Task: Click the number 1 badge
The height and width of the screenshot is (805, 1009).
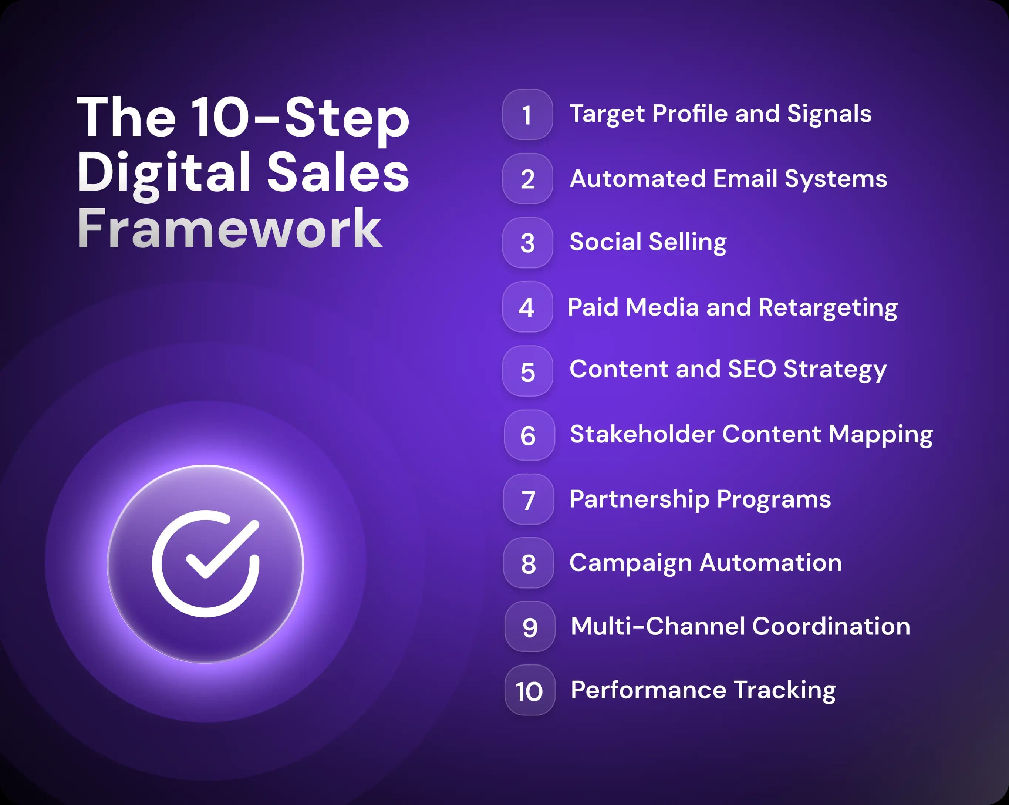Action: [x=527, y=115]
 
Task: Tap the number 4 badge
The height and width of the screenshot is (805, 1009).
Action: [x=527, y=307]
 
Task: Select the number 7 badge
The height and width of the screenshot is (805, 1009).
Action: [x=529, y=499]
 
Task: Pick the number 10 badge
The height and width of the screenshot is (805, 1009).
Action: [x=530, y=690]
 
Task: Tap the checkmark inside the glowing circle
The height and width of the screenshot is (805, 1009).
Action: [x=220, y=552]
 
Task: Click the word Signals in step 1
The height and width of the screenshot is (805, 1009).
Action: [x=829, y=114]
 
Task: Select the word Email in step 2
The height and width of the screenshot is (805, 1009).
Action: [x=745, y=179]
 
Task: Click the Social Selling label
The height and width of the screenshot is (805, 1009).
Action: [x=648, y=242]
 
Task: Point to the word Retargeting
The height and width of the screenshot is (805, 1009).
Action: [x=827, y=308]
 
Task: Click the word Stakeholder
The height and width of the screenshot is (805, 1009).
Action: [x=642, y=434]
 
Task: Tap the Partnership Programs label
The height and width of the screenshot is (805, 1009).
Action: [x=700, y=499]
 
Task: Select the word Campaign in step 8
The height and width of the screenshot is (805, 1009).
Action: [x=630, y=563]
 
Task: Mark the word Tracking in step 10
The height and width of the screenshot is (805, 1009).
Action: [x=784, y=690]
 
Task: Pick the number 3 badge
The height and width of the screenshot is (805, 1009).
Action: [x=527, y=243]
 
